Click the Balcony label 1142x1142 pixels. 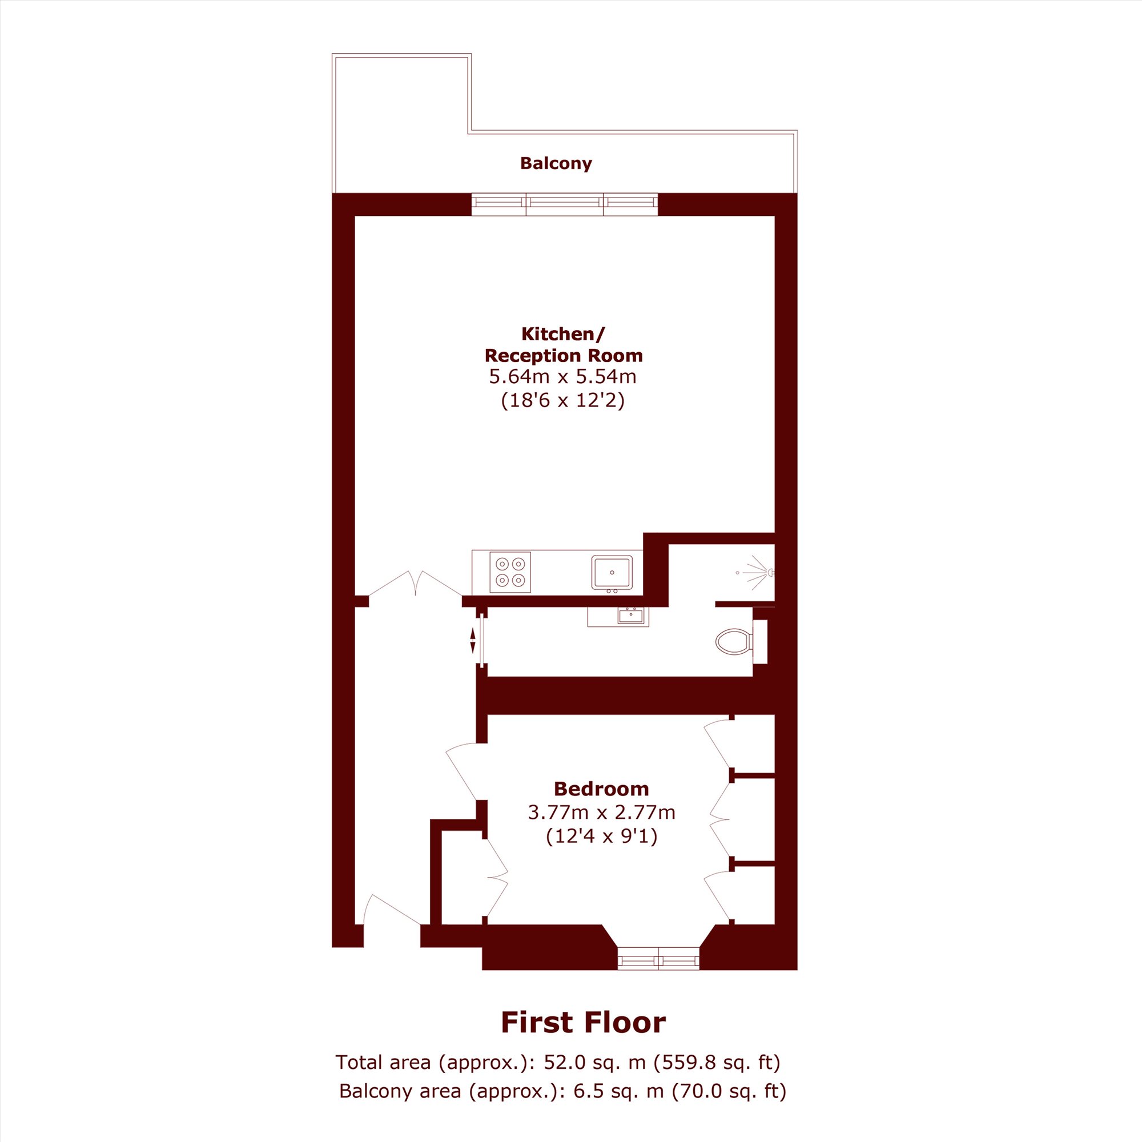click(556, 163)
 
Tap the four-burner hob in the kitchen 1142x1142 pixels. click(510, 572)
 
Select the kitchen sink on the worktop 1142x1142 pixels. click(612, 572)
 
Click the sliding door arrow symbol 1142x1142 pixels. click(472, 641)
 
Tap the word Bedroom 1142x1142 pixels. click(601, 789)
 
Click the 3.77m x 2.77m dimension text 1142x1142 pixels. click(601, 812)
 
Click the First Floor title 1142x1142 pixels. click(583, 1022)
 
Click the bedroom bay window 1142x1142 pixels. click(658, 957)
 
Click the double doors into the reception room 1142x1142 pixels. click(416, 584)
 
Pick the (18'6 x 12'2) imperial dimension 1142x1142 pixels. click(563, 401)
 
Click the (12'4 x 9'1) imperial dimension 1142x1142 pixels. click(601, 837)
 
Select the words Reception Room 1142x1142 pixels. click(564, 355)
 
